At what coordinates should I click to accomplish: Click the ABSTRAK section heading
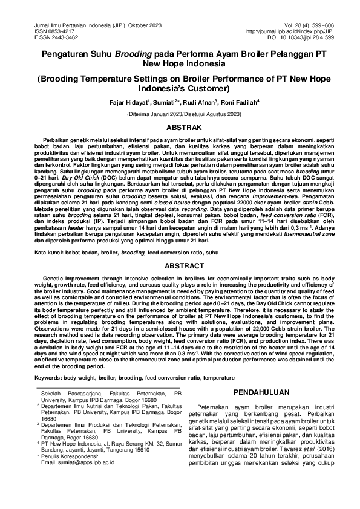(180, 128)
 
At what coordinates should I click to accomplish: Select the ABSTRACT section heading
(180, 265)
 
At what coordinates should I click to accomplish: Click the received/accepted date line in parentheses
(180, 114)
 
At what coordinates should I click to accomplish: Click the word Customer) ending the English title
(207, 88)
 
